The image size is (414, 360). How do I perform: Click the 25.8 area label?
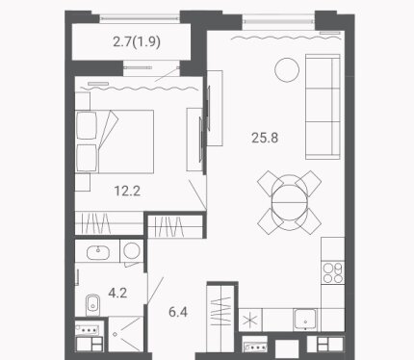point(265,138)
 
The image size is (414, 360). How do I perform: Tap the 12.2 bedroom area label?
point(127,191)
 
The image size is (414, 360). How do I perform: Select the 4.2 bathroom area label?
point(117,293)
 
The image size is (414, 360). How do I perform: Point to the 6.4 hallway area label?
point(178,312)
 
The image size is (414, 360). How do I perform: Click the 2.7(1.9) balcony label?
point(137,41)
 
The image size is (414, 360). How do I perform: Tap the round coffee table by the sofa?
point(287,69)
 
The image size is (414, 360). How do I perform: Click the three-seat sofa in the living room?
point(323,107)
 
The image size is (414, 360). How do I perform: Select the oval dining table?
point(290,202)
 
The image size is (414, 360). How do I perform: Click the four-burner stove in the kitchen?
point(333,272)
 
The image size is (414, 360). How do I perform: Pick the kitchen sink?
point(305,320)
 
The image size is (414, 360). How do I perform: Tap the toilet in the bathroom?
point(91,304)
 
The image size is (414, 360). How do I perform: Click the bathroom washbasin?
point(98,252)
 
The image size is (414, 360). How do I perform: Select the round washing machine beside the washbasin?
point(132,250)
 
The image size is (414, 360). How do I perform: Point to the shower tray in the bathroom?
point(126,334)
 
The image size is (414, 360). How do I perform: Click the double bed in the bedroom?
point(115,141)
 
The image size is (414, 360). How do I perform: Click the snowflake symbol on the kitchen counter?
point(250,321)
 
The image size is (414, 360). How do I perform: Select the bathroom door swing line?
point(156,290)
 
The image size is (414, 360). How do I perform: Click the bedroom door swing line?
point(197,195)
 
